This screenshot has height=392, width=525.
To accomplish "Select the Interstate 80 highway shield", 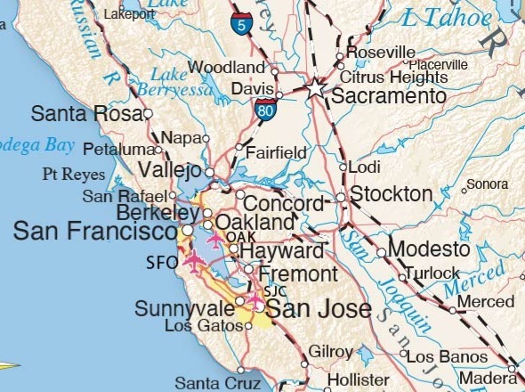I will coord(263,110).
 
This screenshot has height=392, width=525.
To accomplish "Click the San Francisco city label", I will coord(94,232).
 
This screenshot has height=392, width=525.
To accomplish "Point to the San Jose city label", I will coord(319,310).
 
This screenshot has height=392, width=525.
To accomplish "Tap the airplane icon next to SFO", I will coord(194,260).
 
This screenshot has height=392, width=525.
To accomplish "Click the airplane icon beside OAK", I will coord(215,240).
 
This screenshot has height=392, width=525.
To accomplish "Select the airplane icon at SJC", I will coord(255,302).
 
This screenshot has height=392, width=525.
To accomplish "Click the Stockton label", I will coord(392,194).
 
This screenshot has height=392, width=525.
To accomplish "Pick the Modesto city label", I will coord(429,249).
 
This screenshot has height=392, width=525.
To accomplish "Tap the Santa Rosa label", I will coord(86,114).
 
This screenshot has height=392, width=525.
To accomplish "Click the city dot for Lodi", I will coord(343,167).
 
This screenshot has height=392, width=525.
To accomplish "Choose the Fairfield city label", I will coord(277,151).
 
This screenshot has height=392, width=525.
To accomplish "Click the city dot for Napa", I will coord(206,138).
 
